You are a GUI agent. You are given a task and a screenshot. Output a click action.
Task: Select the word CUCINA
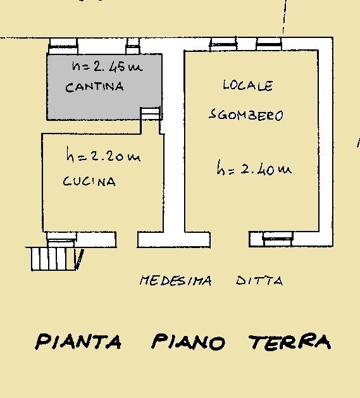(x=89, y=182)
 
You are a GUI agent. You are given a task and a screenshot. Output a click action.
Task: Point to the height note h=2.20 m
(x=102, y=156)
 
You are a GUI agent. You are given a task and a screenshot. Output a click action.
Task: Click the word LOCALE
(x=247, y=85)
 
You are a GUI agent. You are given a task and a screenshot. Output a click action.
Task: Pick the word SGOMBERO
(x=245, y=115)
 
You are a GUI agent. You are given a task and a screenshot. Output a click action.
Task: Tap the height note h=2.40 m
(x=253, y=169)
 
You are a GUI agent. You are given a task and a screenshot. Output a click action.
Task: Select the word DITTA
(x=259, y=281)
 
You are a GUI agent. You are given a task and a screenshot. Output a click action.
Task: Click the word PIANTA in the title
(x=78, y=342)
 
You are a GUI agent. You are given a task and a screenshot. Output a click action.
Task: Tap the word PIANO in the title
(x=188, y=342)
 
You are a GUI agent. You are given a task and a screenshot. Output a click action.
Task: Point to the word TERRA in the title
(x=290, y=342)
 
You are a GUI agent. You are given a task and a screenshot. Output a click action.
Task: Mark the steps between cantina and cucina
(x=150, y=113)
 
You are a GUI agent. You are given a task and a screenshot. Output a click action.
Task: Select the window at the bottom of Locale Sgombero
(x=270, y=239)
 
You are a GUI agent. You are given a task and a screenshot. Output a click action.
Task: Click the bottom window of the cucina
(x=62, y=238)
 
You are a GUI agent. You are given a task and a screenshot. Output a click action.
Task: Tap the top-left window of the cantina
(x=63, y=45)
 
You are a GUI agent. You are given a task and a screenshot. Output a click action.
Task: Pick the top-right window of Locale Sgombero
(x=268, y=44)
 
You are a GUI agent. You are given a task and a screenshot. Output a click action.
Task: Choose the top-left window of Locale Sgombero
(x=223, y=44)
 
